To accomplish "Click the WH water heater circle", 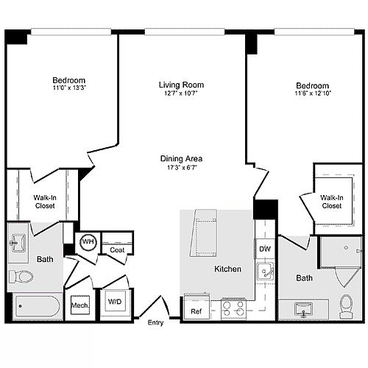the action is point(88,242).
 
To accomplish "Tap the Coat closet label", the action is point(117,250).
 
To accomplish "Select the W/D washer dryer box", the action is point(115,302).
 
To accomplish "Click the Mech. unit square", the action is point(80,305).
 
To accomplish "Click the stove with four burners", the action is point(234,308).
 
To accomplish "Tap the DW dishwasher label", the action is point(265,249).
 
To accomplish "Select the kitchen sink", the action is point(266,272).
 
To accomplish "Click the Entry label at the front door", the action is point(155,322).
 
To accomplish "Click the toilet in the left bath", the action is point(21,277).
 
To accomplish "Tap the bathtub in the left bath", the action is point(38,306).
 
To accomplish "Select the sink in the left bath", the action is point(18,243).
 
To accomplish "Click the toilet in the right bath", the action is point(346,306).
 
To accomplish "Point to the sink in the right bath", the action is point(303,310).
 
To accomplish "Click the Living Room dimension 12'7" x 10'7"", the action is point(181,93).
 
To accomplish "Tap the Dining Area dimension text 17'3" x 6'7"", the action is point(181,168).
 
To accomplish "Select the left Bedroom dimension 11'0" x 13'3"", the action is point(69,88).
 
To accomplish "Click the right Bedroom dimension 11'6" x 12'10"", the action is point(313,93).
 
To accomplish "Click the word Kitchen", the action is point(227,269).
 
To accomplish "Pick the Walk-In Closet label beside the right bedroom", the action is point(332,202).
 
